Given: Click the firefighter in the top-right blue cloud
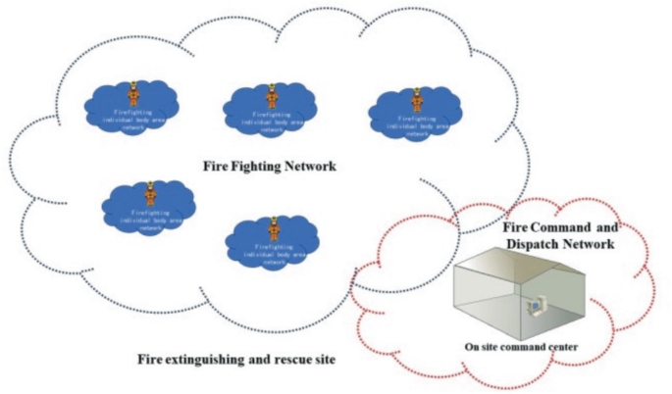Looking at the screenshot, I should click(417, 100).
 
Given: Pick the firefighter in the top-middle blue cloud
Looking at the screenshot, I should click(274, 95).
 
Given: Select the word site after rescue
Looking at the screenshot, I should click(322, 360).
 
